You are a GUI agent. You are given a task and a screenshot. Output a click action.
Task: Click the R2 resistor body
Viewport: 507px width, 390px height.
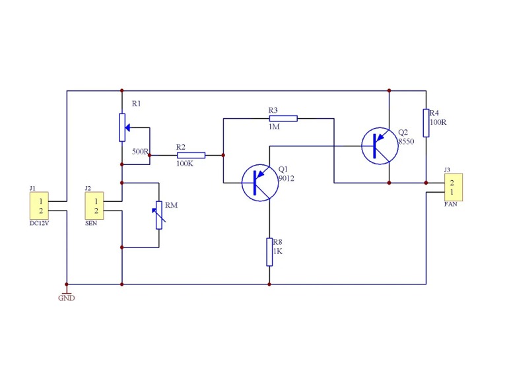191,155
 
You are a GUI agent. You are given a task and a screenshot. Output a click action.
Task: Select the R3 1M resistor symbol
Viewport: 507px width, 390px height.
283,118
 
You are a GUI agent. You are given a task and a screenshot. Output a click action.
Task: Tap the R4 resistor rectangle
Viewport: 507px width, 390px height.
426,123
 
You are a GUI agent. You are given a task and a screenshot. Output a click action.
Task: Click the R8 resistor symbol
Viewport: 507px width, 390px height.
269,252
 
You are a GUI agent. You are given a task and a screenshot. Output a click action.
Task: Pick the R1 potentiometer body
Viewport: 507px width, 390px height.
122,127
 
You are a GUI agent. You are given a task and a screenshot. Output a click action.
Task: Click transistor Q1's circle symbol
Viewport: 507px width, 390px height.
259,183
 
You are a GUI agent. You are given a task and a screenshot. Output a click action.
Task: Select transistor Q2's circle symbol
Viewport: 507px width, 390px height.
380,146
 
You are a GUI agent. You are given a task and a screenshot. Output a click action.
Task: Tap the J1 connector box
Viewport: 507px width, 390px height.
40,206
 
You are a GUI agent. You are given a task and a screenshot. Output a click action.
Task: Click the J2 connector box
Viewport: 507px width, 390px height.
96,206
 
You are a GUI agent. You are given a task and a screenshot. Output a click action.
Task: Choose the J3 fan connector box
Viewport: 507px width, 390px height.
453,187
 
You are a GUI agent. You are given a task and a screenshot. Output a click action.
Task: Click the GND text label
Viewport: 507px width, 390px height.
66,298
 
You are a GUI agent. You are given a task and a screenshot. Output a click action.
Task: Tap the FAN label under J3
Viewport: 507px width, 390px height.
451,204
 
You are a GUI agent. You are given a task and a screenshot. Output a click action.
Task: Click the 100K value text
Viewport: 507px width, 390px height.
185,163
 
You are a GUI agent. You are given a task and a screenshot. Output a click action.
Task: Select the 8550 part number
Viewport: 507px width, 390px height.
406,141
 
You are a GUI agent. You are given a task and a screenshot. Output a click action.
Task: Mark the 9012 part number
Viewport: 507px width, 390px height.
287,178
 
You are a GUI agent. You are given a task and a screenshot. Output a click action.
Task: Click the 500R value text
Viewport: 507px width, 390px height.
140,152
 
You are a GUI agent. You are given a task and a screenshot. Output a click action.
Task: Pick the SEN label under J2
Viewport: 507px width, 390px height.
90,223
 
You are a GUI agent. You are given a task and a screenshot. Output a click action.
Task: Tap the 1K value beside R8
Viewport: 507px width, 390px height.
278,251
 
